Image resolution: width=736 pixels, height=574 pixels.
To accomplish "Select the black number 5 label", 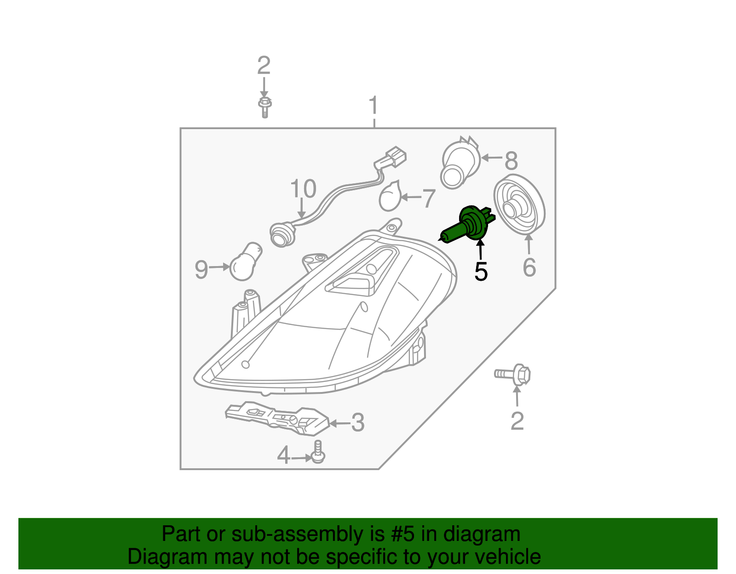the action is [481, 272].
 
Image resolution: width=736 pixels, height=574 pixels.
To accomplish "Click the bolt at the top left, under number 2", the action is [264, 107].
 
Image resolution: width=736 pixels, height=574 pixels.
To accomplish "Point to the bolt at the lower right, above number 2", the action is [513, 375].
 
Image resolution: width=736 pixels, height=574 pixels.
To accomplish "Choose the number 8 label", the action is [511, 161].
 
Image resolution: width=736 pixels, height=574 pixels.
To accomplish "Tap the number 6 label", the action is [529, 267].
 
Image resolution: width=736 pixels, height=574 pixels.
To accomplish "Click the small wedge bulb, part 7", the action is [390, 196].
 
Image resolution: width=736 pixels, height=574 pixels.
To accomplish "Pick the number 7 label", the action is [429, 199].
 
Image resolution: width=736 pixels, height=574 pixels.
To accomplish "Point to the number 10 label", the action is [303, 189].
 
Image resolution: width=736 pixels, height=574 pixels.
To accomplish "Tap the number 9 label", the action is [201, 270].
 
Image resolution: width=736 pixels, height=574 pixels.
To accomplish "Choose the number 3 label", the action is [357, 423].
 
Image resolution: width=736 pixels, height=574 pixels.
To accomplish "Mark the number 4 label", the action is [283, 456].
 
